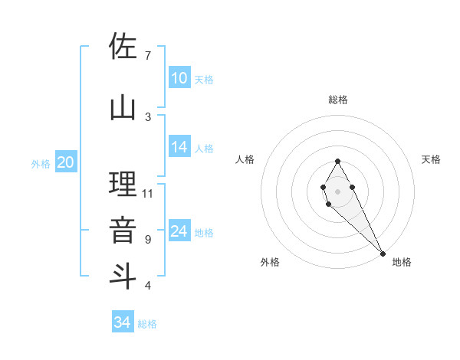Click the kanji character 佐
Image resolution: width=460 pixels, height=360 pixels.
pos(123,47)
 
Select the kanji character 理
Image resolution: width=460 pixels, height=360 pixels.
pos(123,186)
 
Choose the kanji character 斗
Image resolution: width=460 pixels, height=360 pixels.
pos(123,274)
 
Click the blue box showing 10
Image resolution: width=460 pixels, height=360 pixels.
pos(179,78)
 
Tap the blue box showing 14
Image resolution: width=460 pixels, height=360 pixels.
pos(179,148)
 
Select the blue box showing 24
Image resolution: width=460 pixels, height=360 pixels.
pos(179,231)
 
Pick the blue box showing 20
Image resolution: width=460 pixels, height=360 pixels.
pos(66,162)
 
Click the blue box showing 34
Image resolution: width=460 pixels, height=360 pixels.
pos(123,322)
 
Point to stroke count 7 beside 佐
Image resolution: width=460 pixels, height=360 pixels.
pos(147,56)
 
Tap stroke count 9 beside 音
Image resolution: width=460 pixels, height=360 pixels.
pos(147,239)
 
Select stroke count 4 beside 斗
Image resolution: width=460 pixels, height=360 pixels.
pos(147,286)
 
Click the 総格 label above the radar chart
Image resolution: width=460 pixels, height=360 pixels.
pos(338,100)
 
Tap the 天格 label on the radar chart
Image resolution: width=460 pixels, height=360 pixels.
pos(431,159)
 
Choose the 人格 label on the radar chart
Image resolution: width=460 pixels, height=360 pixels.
pos(245,159)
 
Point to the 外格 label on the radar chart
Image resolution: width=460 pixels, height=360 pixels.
pos(270,262)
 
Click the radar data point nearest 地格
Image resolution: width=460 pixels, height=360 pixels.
pos(383,254)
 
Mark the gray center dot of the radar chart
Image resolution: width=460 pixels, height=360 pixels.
pos(337,191)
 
